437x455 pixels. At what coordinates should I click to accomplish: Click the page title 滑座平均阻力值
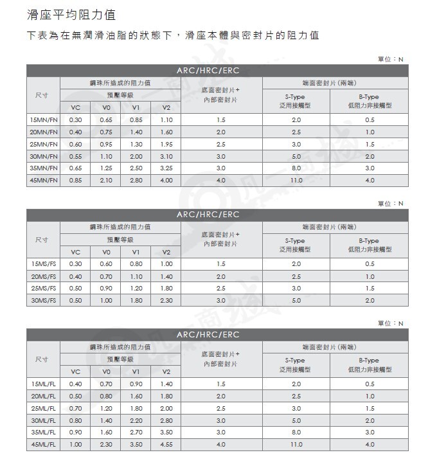(x=72, y=14)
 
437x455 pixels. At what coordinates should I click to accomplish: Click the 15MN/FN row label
(x=44, y=120)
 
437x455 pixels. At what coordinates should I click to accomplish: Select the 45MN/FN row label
(x=44, y=181)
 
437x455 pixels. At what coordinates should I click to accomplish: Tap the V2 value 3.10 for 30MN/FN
(x=166, y=156)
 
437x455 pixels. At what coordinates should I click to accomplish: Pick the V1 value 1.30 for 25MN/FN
(x=136, y=145)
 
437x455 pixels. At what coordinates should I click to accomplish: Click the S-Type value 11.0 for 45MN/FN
(x=296, y=181)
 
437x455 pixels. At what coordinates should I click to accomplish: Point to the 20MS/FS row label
(x=44, y=276)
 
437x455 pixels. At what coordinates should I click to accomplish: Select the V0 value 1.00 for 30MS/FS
(x=106, y=300)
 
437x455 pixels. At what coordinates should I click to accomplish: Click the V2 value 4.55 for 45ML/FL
(x=166, y=444)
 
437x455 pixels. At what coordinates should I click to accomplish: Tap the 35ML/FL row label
(x=44, y=433)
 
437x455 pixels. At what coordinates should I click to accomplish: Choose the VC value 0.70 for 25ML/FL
(x=75, y=408)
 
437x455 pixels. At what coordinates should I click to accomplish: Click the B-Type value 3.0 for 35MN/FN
(x=370, y=168)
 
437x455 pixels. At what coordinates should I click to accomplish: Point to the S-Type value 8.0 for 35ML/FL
(x=296, y=433)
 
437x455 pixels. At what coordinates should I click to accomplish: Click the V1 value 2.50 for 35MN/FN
(x=136, y=168)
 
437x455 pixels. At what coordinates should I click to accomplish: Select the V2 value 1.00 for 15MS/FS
(x=166, y=264)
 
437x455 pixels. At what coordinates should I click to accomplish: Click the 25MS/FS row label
(x=44, y=289)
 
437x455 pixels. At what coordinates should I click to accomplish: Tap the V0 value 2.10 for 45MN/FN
(x=106, y=181)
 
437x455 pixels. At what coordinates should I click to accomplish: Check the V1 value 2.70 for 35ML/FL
(x=136, y=433)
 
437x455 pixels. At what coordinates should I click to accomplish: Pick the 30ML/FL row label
(x=44, y=420)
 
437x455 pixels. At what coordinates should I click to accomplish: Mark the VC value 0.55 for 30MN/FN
(x=75, y=156)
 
